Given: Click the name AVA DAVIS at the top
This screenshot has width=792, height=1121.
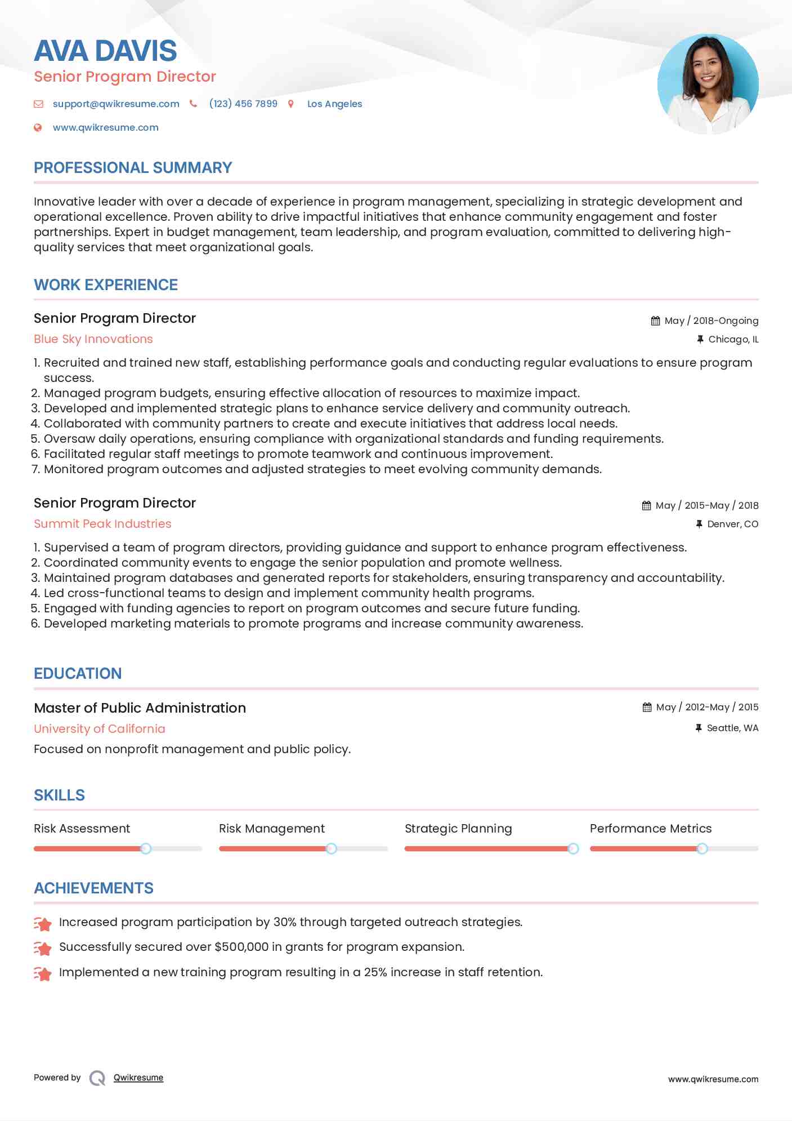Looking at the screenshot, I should pos(105,51).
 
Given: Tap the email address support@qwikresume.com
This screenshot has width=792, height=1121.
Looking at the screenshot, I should pos(116,104).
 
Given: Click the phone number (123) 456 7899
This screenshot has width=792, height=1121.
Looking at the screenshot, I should pos(243,104).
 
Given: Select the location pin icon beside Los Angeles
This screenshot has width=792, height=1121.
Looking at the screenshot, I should pos(291,104).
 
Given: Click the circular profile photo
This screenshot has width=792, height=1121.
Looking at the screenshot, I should pos(708,84).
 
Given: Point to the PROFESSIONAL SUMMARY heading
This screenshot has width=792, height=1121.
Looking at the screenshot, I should pos(133,168).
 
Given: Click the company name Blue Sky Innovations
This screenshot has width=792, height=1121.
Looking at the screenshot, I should pos(93,339).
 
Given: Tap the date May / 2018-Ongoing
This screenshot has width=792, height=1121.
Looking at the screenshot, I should pos(711,321).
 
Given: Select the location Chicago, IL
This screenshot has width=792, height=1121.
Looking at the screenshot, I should pos(733,339).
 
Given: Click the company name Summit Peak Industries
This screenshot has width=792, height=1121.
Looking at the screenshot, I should pos(102,524).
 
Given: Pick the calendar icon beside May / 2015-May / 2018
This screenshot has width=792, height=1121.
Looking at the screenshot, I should pos(646,505).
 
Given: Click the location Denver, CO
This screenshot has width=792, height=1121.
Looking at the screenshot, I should pos(732,524).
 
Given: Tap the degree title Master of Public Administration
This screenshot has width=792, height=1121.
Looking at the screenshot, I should pos(140,708).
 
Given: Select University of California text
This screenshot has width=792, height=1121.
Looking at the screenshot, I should pos(100,729).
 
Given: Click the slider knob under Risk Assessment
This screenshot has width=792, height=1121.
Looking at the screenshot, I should pos(146,848).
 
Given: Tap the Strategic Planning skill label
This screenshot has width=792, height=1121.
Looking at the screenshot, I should pos(458,829).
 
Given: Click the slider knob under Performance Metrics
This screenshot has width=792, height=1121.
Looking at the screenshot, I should pos(702,848).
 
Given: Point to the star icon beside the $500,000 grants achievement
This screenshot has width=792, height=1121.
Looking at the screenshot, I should pos(43,948).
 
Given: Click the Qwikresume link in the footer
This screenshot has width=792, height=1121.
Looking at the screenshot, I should pos(138,1078).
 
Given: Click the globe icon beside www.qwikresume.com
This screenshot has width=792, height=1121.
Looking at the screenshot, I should pos(38,127).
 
